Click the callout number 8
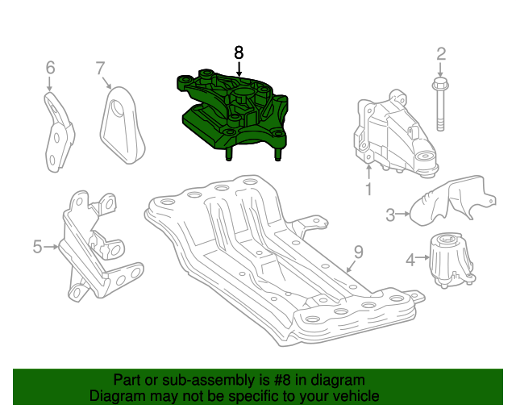pos(238,52)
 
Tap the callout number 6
pos(49,67)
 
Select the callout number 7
pos(100,67)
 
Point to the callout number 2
pos(441,55)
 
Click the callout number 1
pos(368,190)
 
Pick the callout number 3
pos(390,215)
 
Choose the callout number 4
pos(410,260)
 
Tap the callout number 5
pos(37,247)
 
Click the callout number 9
pos(358,252)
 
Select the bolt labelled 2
pos(440,105)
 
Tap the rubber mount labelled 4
pos(447,260)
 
